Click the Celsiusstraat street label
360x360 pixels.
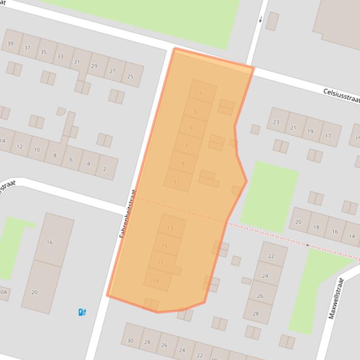[x=341, y=95]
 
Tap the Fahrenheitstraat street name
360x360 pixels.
[x=127, y=214]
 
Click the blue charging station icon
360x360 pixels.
[x=82, y=312]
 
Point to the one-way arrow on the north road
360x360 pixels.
[x=261, y=19]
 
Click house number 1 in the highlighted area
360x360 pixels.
[x=201, y=94]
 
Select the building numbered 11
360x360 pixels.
[x=176, y=181]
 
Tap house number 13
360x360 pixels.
[x=170, y=228]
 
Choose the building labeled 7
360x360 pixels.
[x=186, y=146]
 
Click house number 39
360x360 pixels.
[x=11, y=44]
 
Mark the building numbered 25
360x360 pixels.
[x=130, y=76]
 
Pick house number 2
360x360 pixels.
[x=104, y=169]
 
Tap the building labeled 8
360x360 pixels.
[x=55, y=155]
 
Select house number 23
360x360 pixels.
[x=276, y=122]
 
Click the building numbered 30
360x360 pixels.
[x=130, y=340]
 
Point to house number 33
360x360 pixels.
[x=60, y=57]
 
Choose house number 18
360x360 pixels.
[x=316, y=227]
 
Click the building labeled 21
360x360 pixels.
[x=293, y=128]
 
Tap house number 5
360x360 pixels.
[x=191, y=129]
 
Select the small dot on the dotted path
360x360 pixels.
[x=308, y=245]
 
